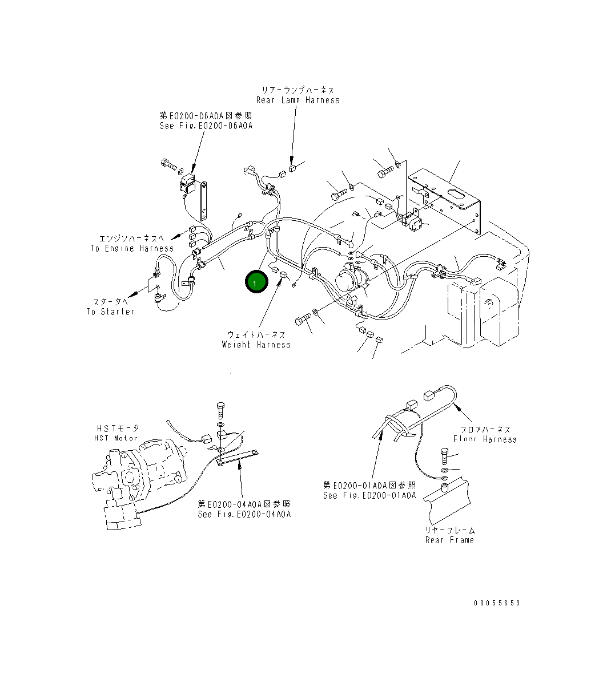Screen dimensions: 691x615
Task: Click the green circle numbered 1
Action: point(255,282)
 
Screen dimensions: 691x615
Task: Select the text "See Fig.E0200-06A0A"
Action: point(206,126)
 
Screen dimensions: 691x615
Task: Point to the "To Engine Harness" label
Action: point(131,248)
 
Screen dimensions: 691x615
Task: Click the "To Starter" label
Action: point(111,312)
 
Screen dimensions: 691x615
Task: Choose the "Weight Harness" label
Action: point(256,345)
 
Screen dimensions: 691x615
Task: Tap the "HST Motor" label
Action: point(116,438)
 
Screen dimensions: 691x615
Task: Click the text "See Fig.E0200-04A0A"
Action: point(244,514)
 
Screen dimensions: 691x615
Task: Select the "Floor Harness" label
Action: point(485,439)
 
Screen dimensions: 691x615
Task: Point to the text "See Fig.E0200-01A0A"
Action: point(369,495)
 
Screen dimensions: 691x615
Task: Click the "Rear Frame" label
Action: point(449,540)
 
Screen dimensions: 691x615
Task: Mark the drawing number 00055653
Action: point(497,603)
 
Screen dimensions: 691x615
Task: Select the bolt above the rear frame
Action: point(445,455)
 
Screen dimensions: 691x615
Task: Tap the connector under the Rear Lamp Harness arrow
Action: point(292,168)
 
